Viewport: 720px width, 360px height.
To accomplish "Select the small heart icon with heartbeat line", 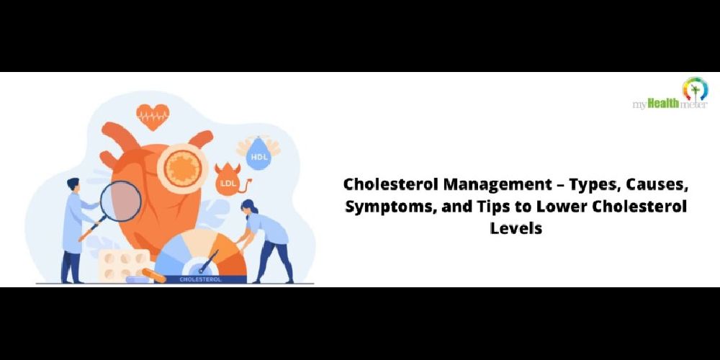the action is [153, 116].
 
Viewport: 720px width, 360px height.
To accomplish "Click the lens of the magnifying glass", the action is [120, 201].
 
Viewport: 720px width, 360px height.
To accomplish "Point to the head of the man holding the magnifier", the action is [73, 185].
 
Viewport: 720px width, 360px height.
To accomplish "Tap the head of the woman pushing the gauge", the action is [248, 207].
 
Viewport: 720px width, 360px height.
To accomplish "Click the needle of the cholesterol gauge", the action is [209, 263].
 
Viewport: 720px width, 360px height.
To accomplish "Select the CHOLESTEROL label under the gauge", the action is [200, 279].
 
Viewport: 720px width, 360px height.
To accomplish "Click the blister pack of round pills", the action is [123, 266].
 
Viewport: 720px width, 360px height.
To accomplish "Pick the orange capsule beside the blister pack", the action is [154, 276].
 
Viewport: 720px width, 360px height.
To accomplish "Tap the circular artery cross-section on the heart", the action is [183, 168].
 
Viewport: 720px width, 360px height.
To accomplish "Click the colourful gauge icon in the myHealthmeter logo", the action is [695, 89].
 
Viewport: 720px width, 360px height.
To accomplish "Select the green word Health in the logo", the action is [663, 104].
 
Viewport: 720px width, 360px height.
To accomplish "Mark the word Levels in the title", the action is [516, 228].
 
